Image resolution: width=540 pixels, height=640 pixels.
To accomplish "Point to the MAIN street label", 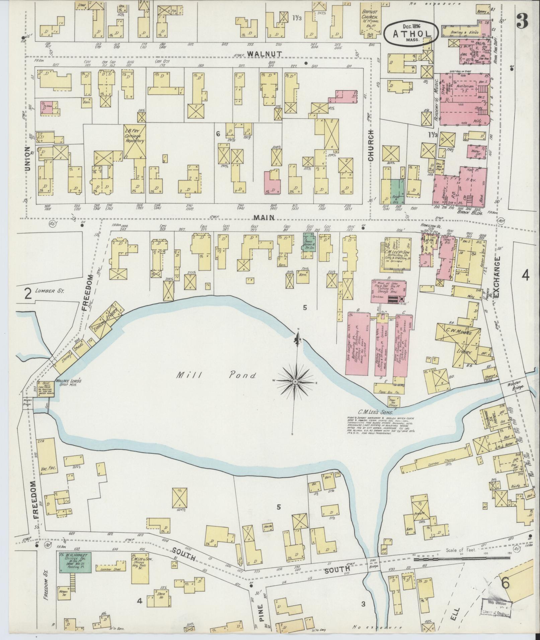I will point(263,217).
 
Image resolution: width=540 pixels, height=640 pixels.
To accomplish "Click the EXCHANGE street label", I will point(496,277).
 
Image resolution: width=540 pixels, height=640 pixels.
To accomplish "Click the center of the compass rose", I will point(295,382).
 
